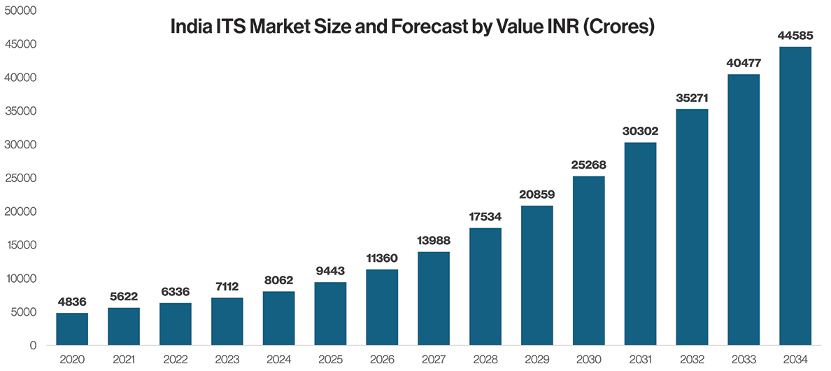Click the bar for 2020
click(72, 329)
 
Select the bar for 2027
click(434, 298)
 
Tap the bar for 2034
click(795, 196)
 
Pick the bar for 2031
click(640, 244)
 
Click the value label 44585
click(795, 36)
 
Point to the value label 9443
click(330, 272)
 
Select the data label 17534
click(485, 217)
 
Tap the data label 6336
click(176, 292)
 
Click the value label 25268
click(588, 165)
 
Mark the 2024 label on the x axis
click(279, 358)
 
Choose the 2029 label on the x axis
click(537, 358)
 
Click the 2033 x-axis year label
click(744, 358)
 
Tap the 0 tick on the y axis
click(33, 346)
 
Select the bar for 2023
click(227, 322)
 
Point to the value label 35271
click(692, 99)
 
